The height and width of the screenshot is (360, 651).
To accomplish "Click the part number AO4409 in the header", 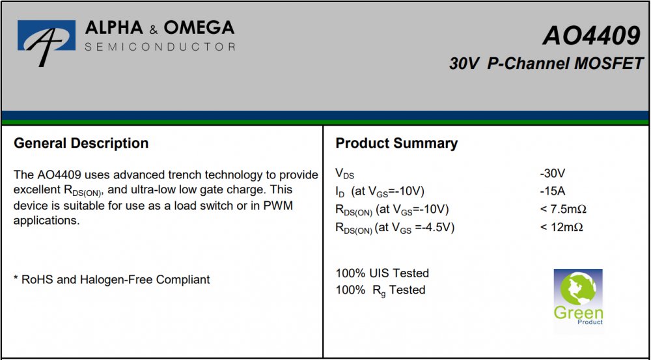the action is tap(592, 35).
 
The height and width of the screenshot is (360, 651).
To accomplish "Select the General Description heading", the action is tap(81, 144).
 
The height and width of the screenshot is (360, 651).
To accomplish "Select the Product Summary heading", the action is tap(396, 144).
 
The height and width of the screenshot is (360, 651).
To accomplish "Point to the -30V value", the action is tap(553, 173).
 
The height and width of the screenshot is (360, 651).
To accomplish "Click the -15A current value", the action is tap(553, 191).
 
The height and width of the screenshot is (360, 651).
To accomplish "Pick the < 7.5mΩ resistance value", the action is tap(563, 210).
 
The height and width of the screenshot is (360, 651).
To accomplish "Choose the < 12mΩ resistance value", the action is tap(562, 228).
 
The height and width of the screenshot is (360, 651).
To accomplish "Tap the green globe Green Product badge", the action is tap(578, 298).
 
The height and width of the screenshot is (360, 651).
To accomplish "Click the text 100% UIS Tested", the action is tap(382, 273).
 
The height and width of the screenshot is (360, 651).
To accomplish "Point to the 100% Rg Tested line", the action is tap(380, 290).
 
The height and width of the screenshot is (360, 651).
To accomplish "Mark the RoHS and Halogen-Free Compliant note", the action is tap(112, 280).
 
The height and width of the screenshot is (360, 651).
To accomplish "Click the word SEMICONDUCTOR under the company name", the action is tap(160, 46).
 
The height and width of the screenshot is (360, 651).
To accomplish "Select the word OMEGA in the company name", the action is tap(199, 28).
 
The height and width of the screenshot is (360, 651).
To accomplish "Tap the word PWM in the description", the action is tap(279, 206).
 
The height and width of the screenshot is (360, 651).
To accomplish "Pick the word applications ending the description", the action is tap(46, 221).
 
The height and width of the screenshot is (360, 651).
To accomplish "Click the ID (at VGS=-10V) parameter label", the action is tap(380, 192).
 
